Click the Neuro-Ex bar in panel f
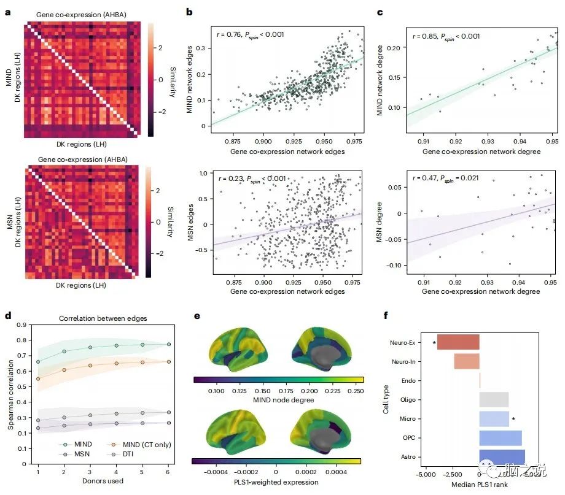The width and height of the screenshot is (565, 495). [x=458, y=342]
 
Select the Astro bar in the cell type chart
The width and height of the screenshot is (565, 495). [x=502, y=458]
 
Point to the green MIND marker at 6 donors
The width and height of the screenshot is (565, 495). [x=168, y=344]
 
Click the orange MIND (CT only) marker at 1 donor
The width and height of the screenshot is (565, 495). [x=38, y=379]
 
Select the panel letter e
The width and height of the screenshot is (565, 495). [x=197, y=317]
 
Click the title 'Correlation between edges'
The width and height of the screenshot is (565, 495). [x=98, y=319]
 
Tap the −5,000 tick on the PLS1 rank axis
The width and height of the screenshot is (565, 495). [x=426, y=474]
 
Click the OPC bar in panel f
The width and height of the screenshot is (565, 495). [x=500, y=438]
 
